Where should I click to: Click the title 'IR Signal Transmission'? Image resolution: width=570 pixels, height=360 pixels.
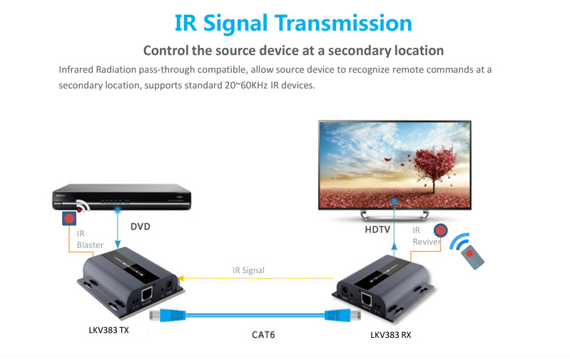coord(293,23)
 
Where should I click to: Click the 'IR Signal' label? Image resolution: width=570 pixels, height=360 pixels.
coord(248,270)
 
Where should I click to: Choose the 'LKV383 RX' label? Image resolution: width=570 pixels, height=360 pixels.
coord(390,334)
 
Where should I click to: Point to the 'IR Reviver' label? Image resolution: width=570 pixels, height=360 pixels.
coord(425,236)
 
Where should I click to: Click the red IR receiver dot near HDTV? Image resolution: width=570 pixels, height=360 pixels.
coord(441,231)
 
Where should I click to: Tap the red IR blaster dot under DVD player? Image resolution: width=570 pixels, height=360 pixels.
coord(68,219)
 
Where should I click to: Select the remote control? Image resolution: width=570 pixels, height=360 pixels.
coord(472,252)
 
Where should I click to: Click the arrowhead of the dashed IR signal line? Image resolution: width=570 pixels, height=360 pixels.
coord(180,278)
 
